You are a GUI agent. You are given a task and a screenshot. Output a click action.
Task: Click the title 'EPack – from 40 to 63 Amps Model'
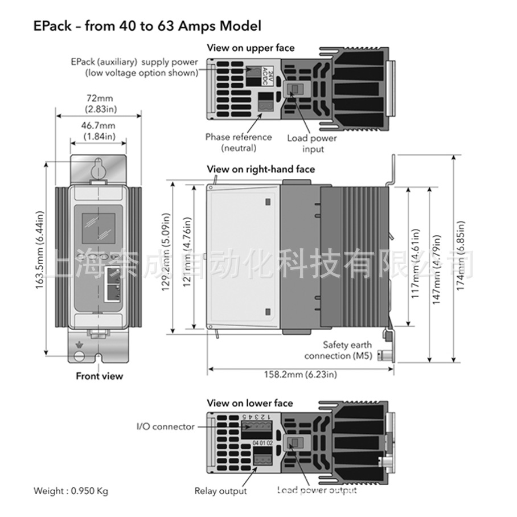click(x=147, y=26)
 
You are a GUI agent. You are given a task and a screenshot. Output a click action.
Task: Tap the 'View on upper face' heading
click(x=251, y=48)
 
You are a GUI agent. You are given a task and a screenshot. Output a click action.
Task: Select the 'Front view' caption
click(x=99, y=376)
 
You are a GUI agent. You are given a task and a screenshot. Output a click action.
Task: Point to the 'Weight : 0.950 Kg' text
click(x=71, y=491)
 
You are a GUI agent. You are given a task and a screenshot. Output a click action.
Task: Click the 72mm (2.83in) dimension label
click(x=99, y=103)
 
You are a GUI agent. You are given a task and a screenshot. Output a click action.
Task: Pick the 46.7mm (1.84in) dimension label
click(x=99, y=131)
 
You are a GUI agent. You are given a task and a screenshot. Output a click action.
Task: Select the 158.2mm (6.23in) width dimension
click(x=300, y=374)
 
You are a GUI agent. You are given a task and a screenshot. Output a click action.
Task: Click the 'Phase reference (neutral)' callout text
click(x=239, y=142)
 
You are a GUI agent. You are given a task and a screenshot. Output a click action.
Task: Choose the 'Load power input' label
click(x=312, y=143)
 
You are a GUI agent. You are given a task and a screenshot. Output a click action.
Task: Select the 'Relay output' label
click(x=220, y=491)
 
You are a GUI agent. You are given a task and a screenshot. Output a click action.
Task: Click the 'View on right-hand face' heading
click(x=260, y=169)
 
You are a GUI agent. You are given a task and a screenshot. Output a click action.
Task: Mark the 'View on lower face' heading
click(x=250, y=403)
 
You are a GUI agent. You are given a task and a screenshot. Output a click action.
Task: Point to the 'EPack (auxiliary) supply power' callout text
click(x=134, y=67)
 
